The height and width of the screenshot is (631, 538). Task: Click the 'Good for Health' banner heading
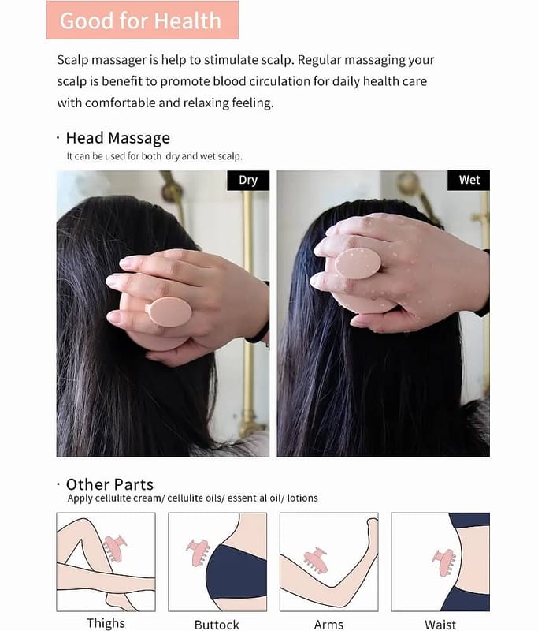(x=141, y=21)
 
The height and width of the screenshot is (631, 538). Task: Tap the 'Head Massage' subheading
(x=117, y=138)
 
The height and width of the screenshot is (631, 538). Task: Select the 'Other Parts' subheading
(x=109, y=484)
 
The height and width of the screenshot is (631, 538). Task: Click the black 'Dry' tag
(x=248, y=180)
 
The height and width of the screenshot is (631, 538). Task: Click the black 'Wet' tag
(x=469, y=180)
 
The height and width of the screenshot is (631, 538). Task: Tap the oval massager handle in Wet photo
(x=358, y=263)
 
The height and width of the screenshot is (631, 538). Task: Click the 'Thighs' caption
(x=106, y=623)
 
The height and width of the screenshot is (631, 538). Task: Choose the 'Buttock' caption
(x=217, y=625)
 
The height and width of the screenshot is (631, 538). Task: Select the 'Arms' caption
(x=328, y=625)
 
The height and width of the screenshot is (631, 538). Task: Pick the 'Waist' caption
(x=440, y=625)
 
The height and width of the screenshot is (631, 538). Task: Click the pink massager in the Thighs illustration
(x=114, y=548)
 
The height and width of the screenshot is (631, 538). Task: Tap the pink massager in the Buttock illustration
(x=198, y=552)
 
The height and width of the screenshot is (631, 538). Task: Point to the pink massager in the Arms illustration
(x=316, y=560)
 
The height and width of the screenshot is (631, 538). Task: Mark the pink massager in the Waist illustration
(x=444, y=562)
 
